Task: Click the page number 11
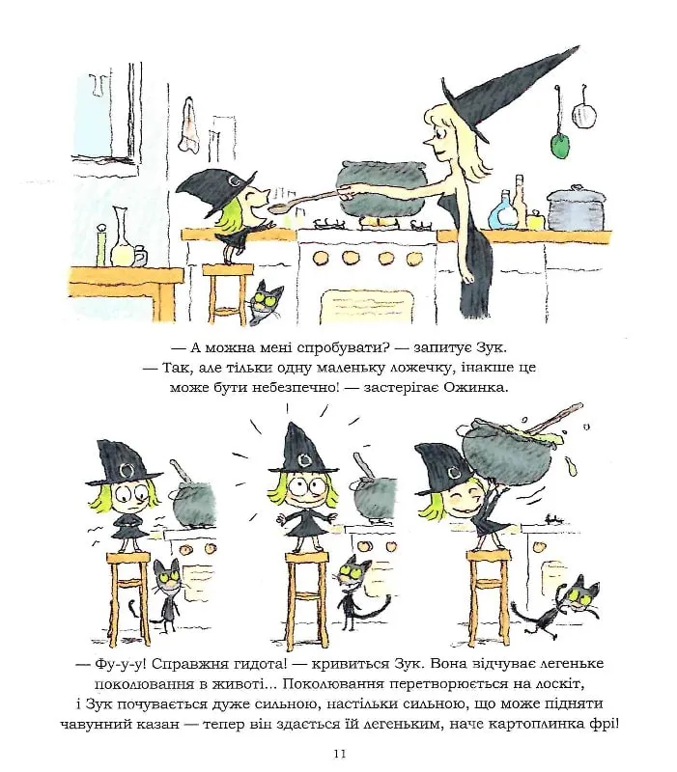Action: [x=340, y=754]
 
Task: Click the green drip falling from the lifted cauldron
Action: [x=571, y=467]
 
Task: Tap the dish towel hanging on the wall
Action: [x=189, y=125]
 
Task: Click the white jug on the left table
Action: [x=122, y=237]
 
